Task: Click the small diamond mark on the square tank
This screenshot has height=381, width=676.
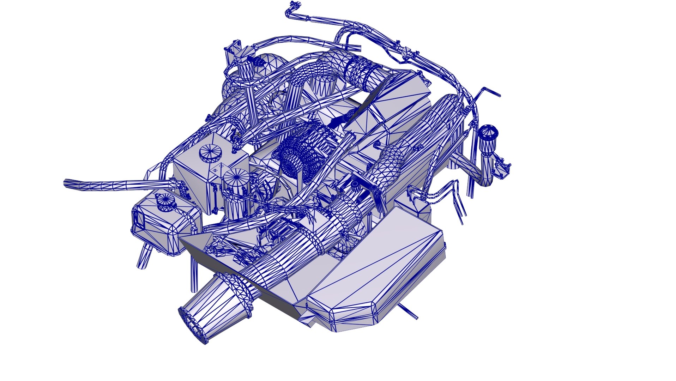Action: [x=216, y=170]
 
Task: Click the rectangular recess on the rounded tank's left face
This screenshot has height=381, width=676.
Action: [x=138, y=219]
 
